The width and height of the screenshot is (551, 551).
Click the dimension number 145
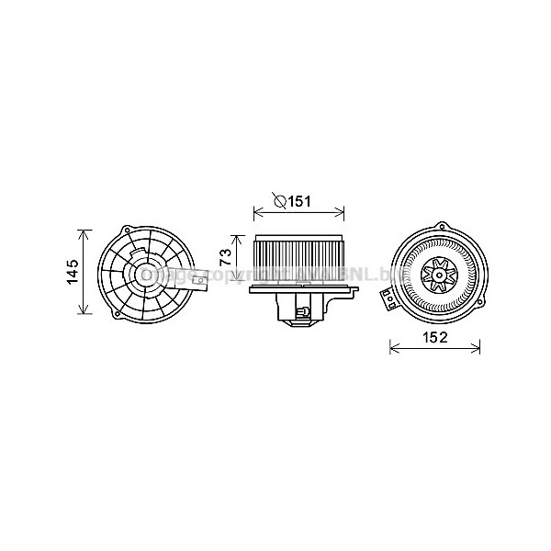73,271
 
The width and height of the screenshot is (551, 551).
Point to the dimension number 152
434,337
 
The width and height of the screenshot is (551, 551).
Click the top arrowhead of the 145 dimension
86,231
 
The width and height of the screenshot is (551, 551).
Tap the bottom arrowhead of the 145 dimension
86,312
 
